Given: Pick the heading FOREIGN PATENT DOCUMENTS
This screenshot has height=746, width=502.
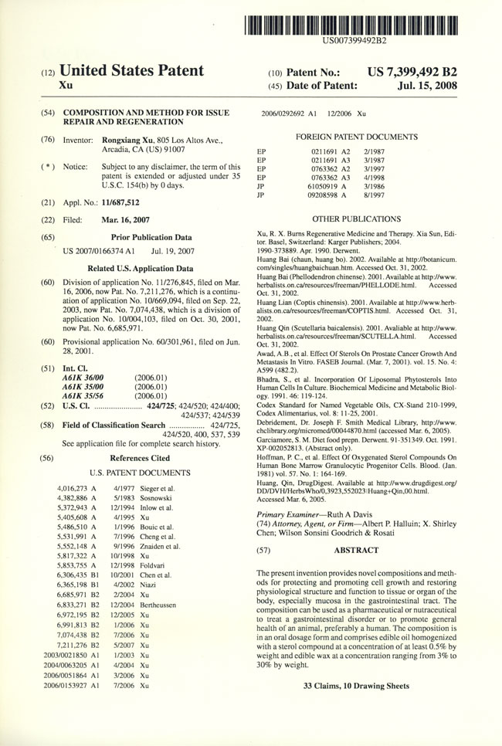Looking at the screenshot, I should click(x=355, y=137).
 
